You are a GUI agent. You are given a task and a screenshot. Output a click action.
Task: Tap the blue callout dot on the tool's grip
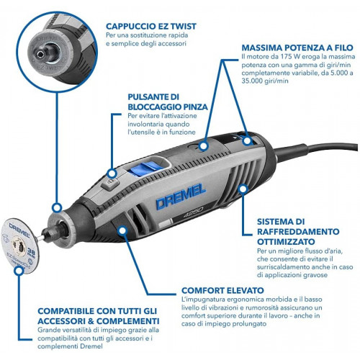coord(122,230)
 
